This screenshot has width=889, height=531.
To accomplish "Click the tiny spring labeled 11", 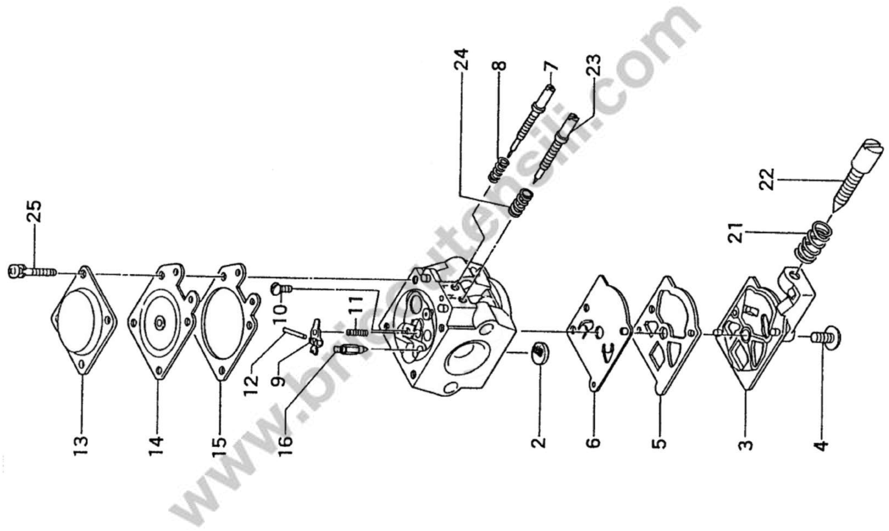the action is (356, 332).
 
